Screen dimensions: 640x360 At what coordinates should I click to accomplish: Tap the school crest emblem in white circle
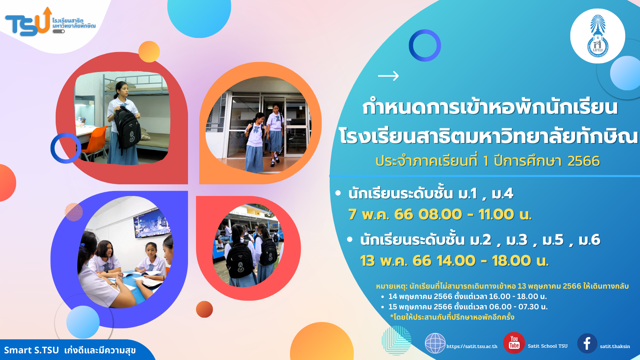(x=598, y=36)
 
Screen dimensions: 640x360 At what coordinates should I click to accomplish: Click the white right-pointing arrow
(x=388, y=76)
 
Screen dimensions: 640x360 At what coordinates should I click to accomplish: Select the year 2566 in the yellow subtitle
(x=584, y=161)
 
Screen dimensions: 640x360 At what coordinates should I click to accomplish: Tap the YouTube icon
(x=514, y=343)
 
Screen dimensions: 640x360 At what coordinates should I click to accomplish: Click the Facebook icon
(x=587, y=343)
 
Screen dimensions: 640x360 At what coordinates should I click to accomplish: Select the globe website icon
(x=435, y=343)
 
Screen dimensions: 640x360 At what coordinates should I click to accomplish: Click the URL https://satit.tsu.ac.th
(x=472, y=346)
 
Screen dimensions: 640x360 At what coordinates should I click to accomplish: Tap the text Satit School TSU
(x=548, y=346)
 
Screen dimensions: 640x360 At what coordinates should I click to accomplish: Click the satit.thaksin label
(x=615, y=346)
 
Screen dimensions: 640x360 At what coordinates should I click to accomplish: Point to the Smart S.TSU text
(x=31, y=350)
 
